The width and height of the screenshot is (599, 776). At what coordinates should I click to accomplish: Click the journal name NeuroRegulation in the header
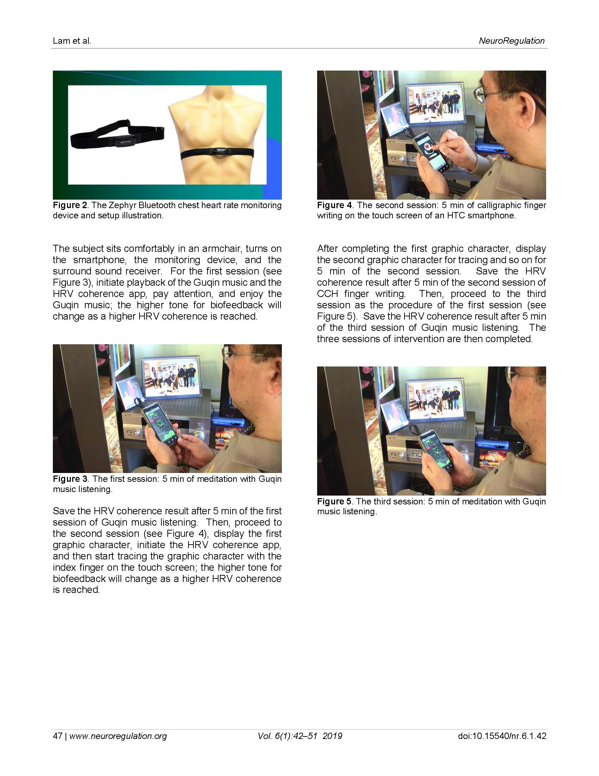click(x=511, y=41)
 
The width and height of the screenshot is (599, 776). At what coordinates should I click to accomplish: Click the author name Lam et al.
click(x=72, y=41)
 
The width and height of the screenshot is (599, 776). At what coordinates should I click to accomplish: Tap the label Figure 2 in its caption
click(x=70, y=205)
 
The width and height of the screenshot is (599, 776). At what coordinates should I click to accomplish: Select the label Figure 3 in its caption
click(x=70, y=479)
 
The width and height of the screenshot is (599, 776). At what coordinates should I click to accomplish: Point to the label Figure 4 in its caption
click(x=334, y=205)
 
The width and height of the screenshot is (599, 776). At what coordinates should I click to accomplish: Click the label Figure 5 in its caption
click(x=334, y=501)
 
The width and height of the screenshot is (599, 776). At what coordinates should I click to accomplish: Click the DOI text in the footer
click(x=502, y=736)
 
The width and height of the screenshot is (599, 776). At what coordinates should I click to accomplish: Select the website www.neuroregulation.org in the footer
click(x=118, y=736)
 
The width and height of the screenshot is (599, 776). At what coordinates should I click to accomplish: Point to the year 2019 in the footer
click(x=333, y=736)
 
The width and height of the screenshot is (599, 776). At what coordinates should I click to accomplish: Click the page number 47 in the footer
click(x=57, y=736)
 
